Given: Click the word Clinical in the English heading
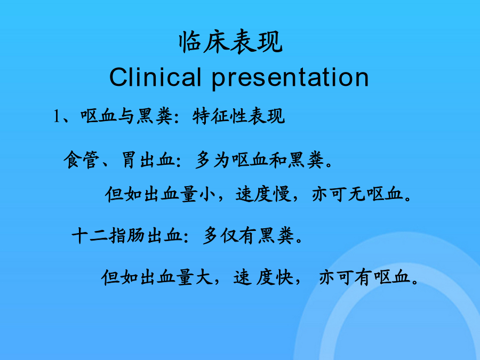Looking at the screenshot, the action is coord(155,77).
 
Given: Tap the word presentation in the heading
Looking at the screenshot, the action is coord(290,79).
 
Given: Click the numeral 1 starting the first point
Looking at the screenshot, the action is coord(57,116).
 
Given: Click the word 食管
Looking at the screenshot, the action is coord(82,159).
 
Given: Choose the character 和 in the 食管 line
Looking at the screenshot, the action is coord(278,159).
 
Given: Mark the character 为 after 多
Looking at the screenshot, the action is coord(221,159).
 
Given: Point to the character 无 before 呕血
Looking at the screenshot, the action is coord(357,194).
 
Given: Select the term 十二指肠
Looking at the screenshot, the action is coord(108,236).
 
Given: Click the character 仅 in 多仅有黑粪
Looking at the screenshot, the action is coord(229,236).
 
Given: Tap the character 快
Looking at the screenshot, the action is coord(284,277).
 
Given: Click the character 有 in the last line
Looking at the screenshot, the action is coord(364,277).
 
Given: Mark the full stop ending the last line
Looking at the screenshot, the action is coord(415,282).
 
